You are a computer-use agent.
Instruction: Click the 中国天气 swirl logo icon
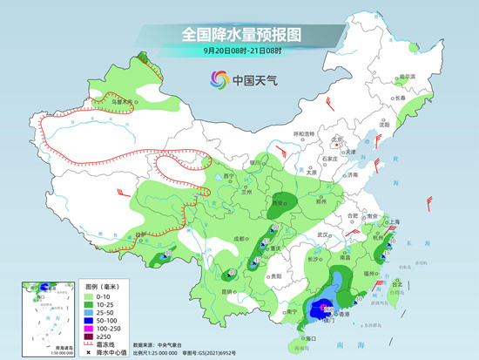(x=216, y=81)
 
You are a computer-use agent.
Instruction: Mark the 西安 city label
(x=280, y=202)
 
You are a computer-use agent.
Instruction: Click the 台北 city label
(x=398, y=283)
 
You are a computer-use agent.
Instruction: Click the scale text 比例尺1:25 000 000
(x=162, y=353)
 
